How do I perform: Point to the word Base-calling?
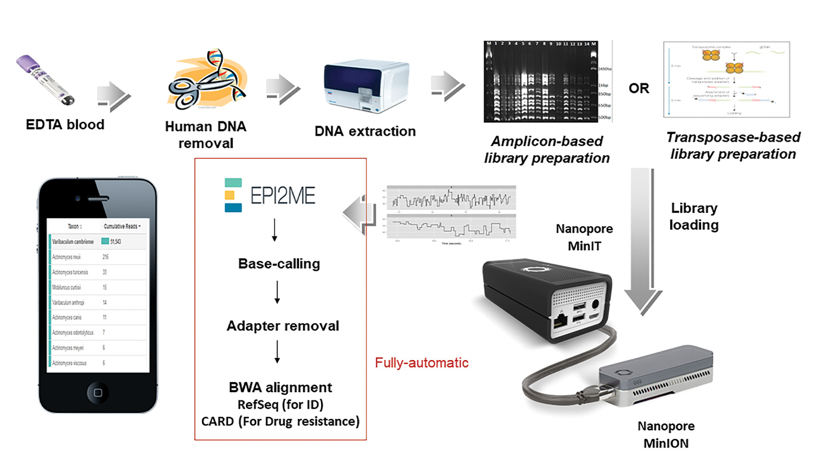[x=279, y=264]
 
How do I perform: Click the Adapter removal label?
[x=282, y=326]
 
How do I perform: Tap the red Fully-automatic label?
[x=422, y=362]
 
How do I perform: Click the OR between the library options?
[x=639, y=89]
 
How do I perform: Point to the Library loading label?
[x=694, y=217]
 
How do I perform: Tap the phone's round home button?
[x=98, y=392]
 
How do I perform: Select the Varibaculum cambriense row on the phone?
[x=74, y=241]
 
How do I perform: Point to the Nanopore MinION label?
[x=665, y=434]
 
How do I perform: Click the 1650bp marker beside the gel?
[x=603, y=70]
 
